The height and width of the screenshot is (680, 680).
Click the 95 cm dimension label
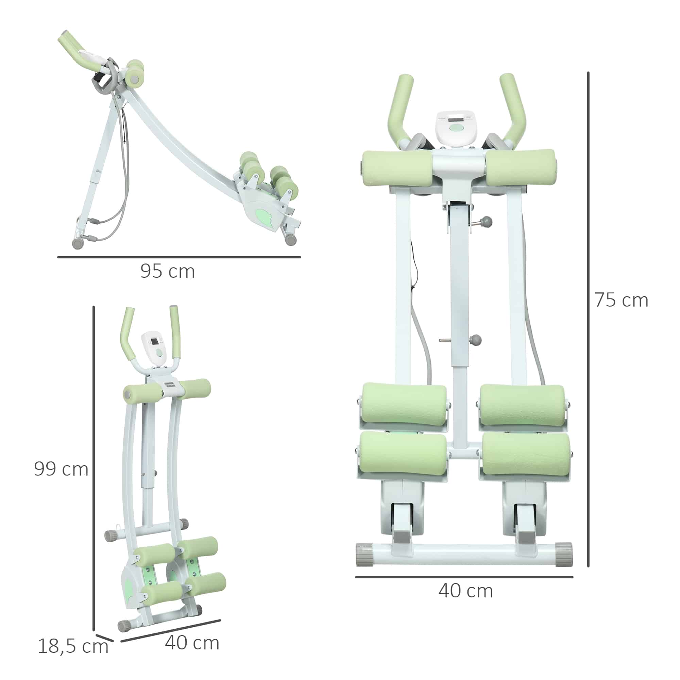point(168,271)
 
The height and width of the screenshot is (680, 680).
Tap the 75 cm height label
point(621,300)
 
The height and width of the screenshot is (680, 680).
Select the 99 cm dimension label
point(61,469)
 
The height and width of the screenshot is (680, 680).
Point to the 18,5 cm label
point(73,647)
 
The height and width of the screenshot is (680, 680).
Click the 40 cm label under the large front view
point(466,591)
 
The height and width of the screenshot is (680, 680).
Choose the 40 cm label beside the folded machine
point(192,643)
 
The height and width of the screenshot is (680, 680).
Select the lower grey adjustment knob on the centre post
point(475,340)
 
